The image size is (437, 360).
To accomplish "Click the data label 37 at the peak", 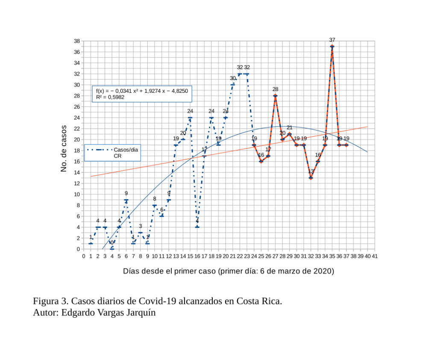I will click(332, 40).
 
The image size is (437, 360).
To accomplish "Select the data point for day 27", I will click(275, 96).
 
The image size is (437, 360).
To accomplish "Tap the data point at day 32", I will click(311, 178).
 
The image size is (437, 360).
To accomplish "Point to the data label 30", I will click(233, 78).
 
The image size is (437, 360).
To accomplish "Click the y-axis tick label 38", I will click(77, 41).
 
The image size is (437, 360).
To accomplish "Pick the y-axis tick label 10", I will click(77, 194).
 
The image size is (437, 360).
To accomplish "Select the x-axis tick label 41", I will click(375, 256).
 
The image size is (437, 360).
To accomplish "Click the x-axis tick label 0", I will click(84, 256).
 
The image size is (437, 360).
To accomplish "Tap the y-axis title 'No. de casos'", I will click(64, 148).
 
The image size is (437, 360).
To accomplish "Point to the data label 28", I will click(275, 89).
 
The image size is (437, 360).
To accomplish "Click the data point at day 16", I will click(197, 227).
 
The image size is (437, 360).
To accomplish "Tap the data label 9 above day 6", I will click(126, 193).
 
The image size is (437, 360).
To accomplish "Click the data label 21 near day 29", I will click(289, 127).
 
